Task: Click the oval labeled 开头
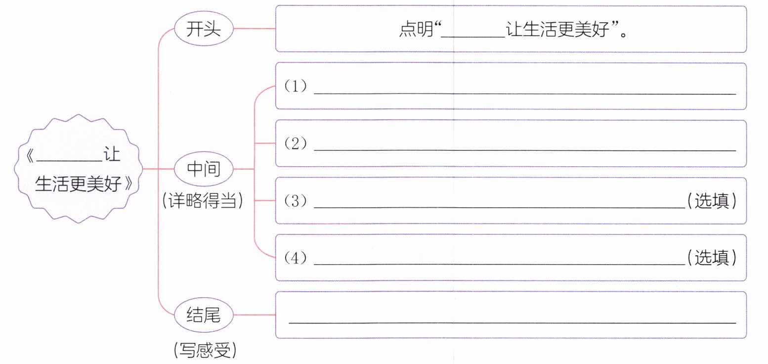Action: pyautogui.click(x=203, y=29)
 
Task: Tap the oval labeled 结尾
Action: pyautogui.click(x=203, y=315)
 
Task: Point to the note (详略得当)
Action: pyautogui.click(x=203, y=201)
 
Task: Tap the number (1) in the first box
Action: pyautogui.click(x=296, y=87)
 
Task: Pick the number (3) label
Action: pyautogui.click(x=296, y=201)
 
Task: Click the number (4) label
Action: pyautogui.click(x=296, y=258)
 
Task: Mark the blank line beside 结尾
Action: pyautogui.click(x=512, y=322)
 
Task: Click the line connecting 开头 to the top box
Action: pyautogui.click(x=254, y=29)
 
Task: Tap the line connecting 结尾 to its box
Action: pyautogui.click(x=254, y=315)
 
